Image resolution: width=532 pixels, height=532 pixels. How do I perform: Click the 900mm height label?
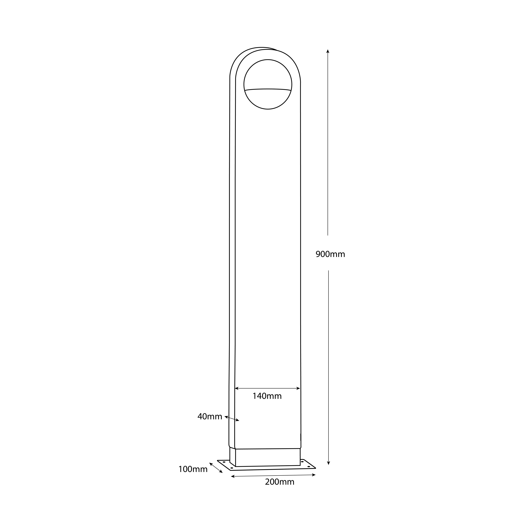coord(330,254)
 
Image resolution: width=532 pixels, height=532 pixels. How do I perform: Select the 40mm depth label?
coord(210,417)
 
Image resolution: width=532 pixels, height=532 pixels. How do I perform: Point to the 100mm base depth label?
coord(193,469)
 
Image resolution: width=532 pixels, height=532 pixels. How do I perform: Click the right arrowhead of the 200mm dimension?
coord(314,475)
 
